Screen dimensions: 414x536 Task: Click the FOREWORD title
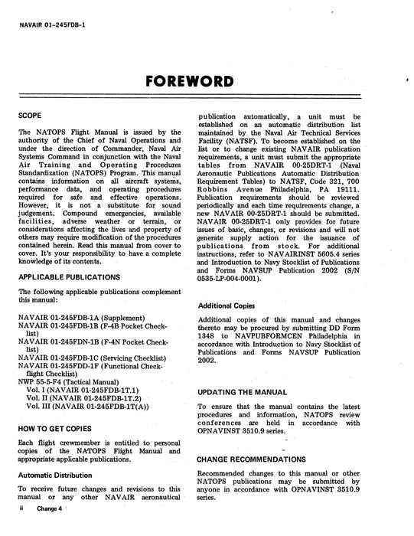click(207, 80)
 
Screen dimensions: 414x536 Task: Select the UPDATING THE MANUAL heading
click(247, 391)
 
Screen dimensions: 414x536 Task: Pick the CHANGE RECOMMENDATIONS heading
click(262, 459)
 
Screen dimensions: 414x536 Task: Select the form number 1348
click(210, 334)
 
